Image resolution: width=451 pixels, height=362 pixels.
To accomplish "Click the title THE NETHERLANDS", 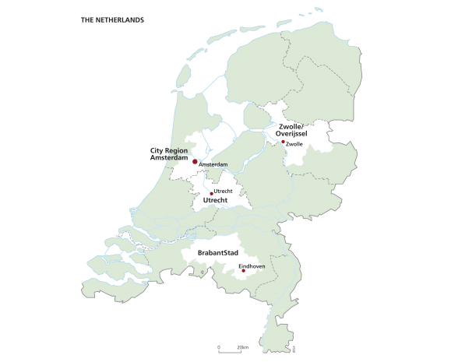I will (x=112, y=19).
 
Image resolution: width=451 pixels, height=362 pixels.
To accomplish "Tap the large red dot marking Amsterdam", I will (x=195, y=161).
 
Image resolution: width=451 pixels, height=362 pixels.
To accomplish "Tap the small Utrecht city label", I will (x=223, y=191).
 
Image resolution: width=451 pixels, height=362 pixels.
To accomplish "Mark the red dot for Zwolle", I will (x=284, y=142).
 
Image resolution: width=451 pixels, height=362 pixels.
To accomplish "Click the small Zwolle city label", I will (x=294, y=144).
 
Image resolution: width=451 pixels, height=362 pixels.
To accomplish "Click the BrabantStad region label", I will (x=217, y=254).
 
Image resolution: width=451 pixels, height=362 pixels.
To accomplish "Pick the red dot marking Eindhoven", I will (x=244, y=271).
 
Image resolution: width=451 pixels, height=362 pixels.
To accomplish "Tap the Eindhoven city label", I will (x=252, y=265).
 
